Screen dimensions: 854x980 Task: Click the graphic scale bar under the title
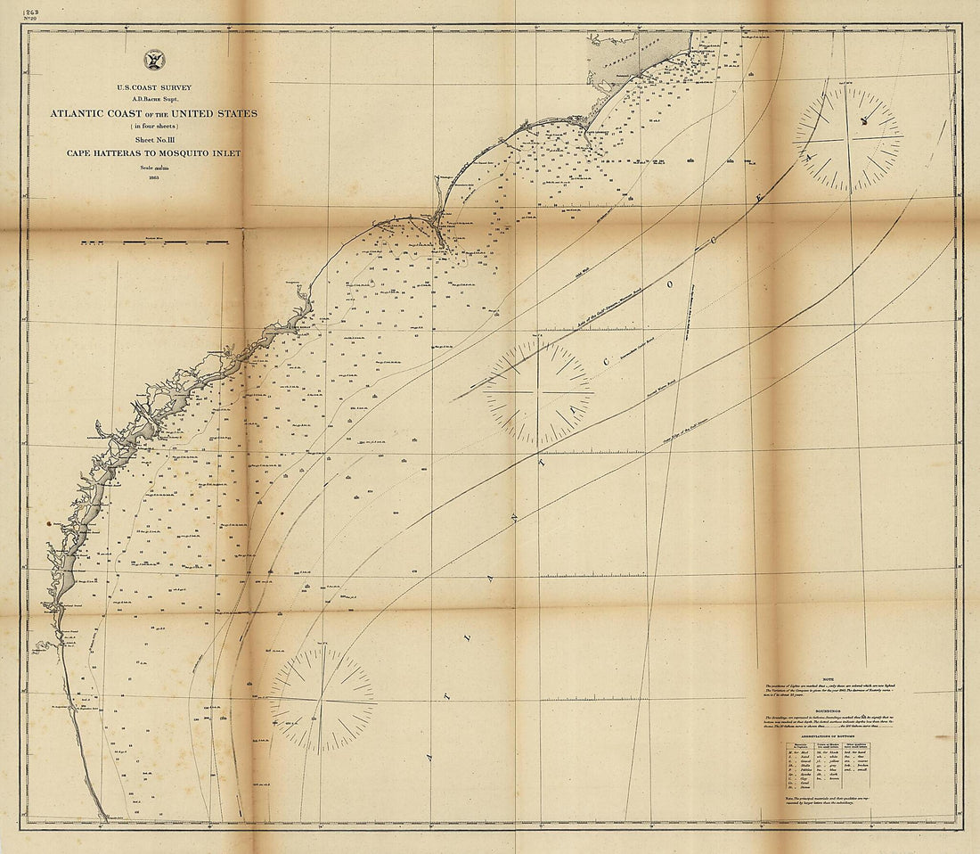pyautogui.click(x=155, y=242)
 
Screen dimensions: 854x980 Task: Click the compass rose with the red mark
pyautogui.click(x=848, y=139)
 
